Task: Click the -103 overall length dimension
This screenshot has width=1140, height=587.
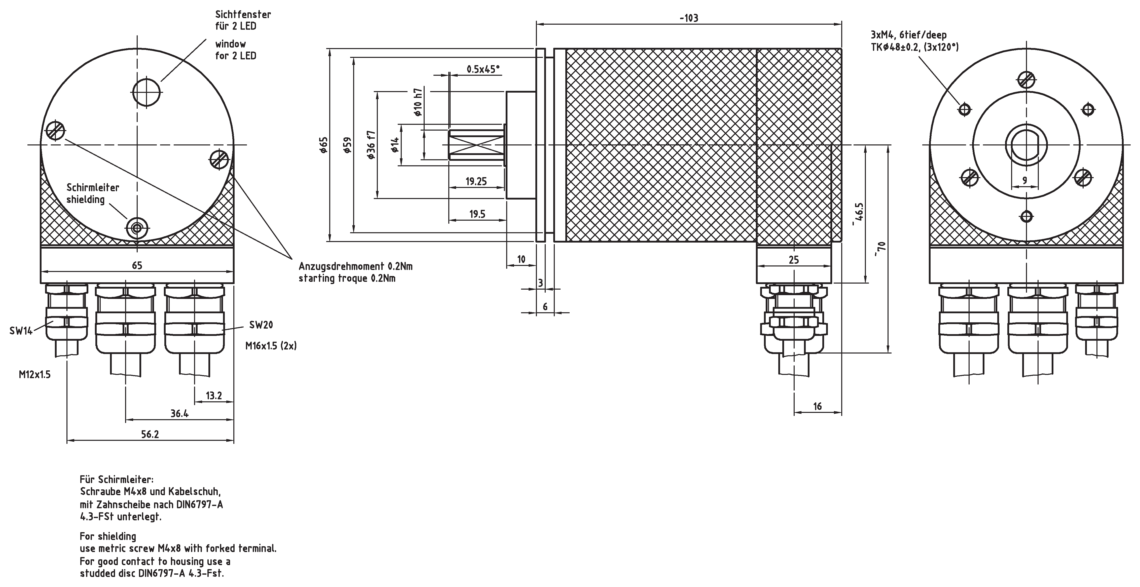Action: (x=689, y=18)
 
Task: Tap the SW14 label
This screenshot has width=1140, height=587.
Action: (x=21, y=331)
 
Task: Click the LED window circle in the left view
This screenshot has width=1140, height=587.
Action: (x=146, y=92)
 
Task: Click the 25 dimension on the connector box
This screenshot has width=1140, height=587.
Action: (x=794, y=260)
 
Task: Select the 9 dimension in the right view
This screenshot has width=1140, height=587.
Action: (x=1025, y=180)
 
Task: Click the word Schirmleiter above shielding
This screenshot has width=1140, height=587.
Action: (x=92, y=187)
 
